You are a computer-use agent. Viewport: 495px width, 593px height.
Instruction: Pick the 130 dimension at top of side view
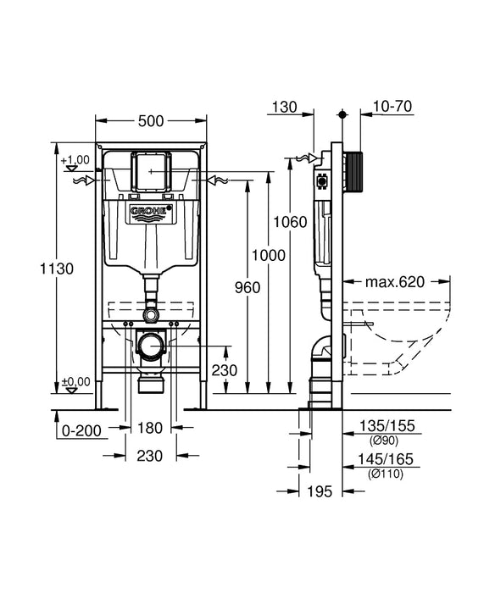286,107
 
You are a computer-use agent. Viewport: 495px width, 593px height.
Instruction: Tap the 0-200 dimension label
83,430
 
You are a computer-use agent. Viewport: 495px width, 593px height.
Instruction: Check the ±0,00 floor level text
75,380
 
